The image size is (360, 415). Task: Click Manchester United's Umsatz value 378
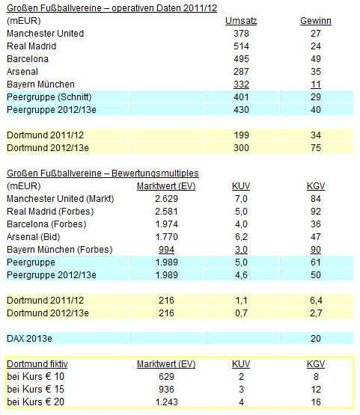(241, 34)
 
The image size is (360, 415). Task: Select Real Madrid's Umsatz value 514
(241, 46)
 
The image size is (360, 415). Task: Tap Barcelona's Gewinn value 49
(314, 59)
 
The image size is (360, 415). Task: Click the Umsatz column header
(241, 21)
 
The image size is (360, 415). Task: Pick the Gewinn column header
(315, 21)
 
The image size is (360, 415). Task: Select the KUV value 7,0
(241, 198)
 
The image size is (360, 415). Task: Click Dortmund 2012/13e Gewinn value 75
(314, 147)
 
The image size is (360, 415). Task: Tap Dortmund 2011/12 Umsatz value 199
(241, 135)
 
